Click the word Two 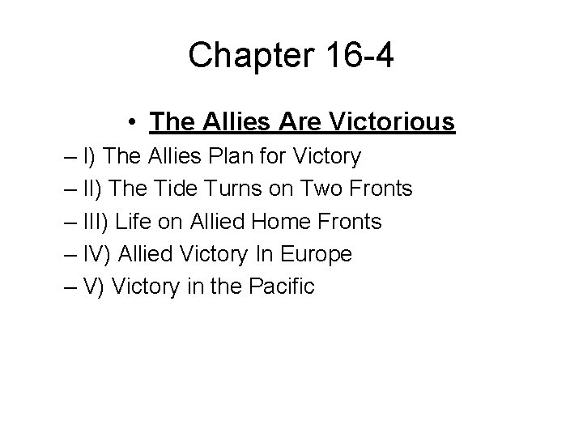pyautogui.click(x=318, y=189)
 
